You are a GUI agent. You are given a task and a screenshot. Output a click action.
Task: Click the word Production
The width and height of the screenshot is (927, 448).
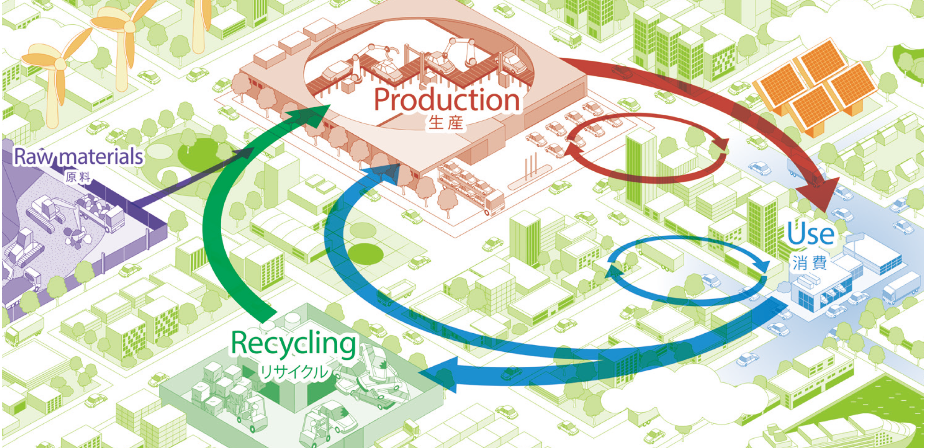[447, 100]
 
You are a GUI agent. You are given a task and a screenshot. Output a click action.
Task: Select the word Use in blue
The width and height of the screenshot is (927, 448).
[811, 234]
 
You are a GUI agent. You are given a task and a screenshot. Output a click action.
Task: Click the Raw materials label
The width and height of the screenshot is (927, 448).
[79, 157]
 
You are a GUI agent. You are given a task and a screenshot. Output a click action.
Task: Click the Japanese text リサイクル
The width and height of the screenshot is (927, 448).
[294, 372]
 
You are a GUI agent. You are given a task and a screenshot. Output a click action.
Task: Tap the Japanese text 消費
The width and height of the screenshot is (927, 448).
[810, 264]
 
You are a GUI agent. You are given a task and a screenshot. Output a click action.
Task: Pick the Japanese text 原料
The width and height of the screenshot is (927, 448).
[78, 177]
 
